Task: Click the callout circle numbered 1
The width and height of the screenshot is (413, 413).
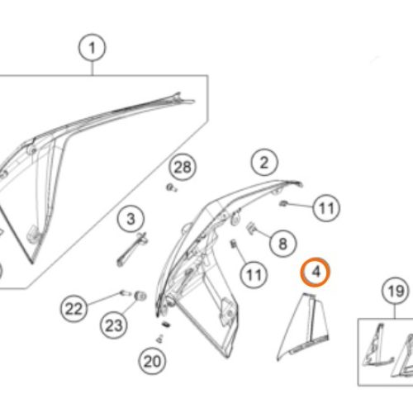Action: tap(93, 50)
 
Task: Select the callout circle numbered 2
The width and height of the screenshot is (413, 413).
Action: tap(263, 162)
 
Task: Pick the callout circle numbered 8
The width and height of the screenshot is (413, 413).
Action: tap(282, 244)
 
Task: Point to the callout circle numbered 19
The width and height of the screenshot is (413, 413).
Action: tap(394, 291)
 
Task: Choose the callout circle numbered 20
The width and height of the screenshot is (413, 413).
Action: tap(151, 360)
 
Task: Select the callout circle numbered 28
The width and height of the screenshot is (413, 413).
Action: tap(183, 168)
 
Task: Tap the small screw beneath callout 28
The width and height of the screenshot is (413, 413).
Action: tap(171, 188)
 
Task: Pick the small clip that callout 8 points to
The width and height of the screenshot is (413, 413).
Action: tap(253, 227)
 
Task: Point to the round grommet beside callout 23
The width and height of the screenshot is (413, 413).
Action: tap(139, 295)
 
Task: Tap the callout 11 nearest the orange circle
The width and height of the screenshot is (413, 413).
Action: tap(325, 207)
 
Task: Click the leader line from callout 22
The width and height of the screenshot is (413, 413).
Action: tap(105, 298)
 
